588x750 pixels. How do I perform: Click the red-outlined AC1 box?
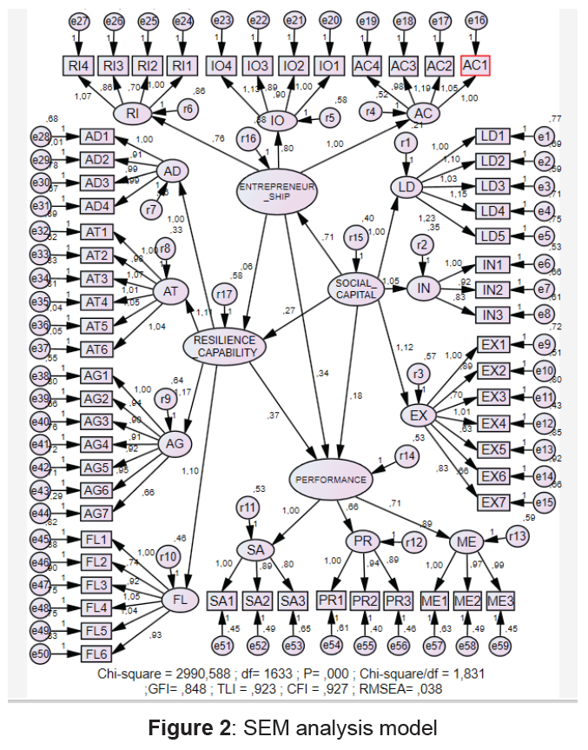pos(475,64)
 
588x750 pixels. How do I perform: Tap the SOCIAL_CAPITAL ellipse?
pos(356,287)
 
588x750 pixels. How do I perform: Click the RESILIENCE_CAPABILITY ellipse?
pos(224,346)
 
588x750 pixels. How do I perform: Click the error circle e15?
pos(545,501)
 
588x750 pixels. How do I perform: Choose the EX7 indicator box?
pos(495,501)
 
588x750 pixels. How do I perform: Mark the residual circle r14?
pos(405,456)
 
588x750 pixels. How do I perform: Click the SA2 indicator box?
pos(259,601)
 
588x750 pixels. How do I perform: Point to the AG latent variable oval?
pos(176,443)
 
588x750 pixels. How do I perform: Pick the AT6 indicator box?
pos(96,349)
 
